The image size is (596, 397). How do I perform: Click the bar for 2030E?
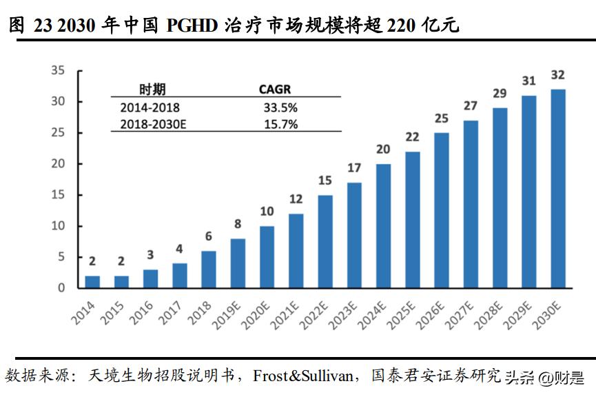coord(558,188)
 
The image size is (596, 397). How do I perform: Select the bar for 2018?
coord(209,269)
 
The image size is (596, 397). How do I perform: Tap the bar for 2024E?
coord(383,225)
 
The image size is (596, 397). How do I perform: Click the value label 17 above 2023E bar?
coord(353,167)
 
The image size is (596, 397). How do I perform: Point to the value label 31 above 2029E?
coord(528,81)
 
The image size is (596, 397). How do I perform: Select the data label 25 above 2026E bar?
coord(441,118)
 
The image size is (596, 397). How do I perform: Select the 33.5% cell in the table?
coord(280,108)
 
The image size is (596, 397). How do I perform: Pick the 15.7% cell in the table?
coord(280,124)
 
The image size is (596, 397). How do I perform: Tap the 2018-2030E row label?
coord(153,124)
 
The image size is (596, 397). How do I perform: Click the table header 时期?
coord(152,89)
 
